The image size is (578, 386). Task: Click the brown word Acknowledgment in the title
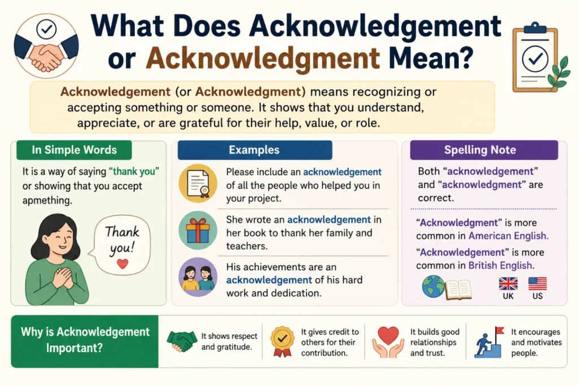(x=262, y=58)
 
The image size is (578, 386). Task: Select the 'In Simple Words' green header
(x=74, y=150)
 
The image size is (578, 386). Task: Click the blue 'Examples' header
(x=255, y=150)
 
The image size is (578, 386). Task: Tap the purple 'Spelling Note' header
(x=484, y=150)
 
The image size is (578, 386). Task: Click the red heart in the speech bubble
(x=122, y=263)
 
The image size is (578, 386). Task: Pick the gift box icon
(x=198, y=231)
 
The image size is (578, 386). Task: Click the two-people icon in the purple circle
(x=198, y=277)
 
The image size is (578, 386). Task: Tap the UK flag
(x=508, y=284)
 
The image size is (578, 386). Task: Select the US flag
(x=537, y=284)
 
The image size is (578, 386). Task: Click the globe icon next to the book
(x=433, y=287)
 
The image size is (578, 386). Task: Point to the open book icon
(x=458, y=290)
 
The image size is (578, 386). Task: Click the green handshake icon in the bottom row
(x=182, y=341)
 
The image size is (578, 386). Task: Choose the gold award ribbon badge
(x=282, y=341)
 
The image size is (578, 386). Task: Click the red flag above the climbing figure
(x=500, y=331)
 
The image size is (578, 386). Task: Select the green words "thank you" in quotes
(x=134, y=172)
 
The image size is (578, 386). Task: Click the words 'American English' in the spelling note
(x=509, y=236)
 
